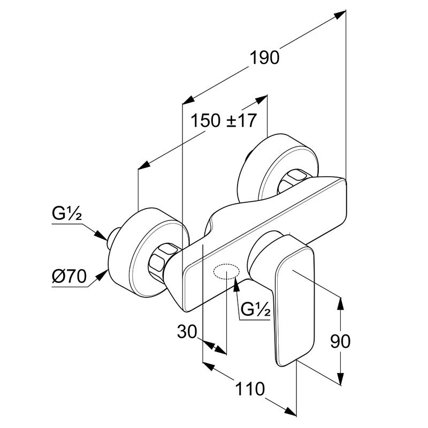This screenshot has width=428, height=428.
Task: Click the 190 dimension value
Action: [x=264, y=58]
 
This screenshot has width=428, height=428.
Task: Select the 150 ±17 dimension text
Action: [x=224, y=120]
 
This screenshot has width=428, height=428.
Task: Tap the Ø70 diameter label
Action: [x=69, y=276]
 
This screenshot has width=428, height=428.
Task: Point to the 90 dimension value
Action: [x=340, y=341]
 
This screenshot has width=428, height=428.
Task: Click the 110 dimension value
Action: [x=250, y=389]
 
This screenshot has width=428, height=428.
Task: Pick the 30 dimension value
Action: [x=187, y=332]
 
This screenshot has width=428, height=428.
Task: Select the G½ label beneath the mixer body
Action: [x=256, y=309]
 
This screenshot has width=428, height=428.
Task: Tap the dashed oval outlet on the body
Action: [x=226, y=272]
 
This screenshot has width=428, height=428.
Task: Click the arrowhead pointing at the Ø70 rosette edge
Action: [x=102, y=276]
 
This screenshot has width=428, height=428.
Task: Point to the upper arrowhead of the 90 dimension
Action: [x=340, y=303]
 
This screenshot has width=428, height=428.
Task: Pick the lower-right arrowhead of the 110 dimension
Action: [x=290, y=410]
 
